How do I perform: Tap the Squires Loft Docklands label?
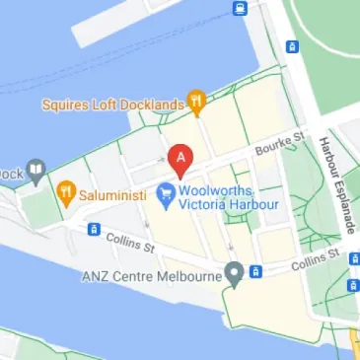(x=112, y=104)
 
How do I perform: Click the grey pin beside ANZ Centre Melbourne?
(x=234, y=272)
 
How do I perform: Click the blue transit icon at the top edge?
(x=240, y=9)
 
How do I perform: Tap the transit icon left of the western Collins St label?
(x=93, y=229)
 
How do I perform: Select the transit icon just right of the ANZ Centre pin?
(x=254, y=270)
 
